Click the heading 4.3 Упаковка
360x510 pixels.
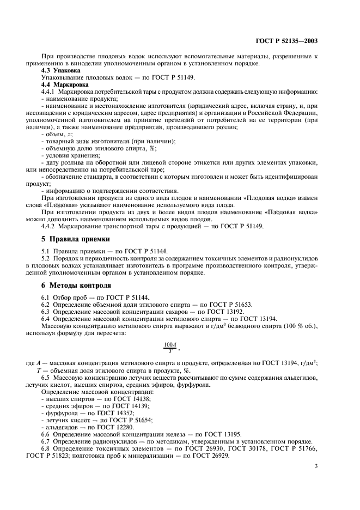(x=60, y=71)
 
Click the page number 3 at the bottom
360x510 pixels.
(x=316, y=466)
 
